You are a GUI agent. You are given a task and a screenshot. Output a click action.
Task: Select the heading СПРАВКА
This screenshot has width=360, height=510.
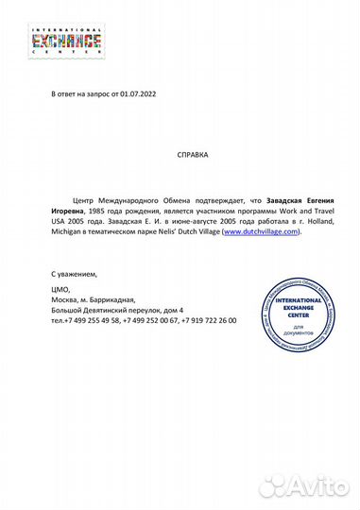[x=193, y=153]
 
